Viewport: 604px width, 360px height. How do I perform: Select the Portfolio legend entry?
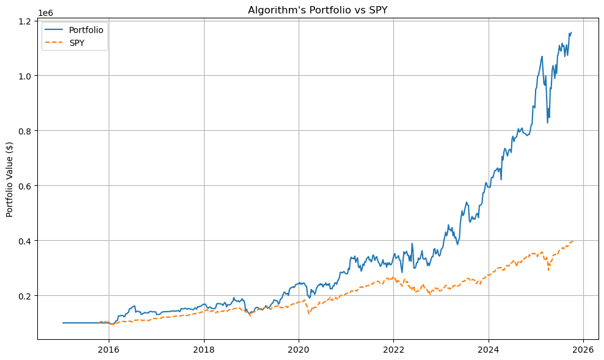point(86,30)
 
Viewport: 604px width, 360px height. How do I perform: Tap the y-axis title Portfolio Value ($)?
point(10,180)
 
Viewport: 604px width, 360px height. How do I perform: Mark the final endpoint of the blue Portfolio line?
point(571,32)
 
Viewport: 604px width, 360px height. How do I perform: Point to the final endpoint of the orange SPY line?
point(573,241)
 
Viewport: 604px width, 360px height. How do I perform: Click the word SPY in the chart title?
point(376,10)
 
